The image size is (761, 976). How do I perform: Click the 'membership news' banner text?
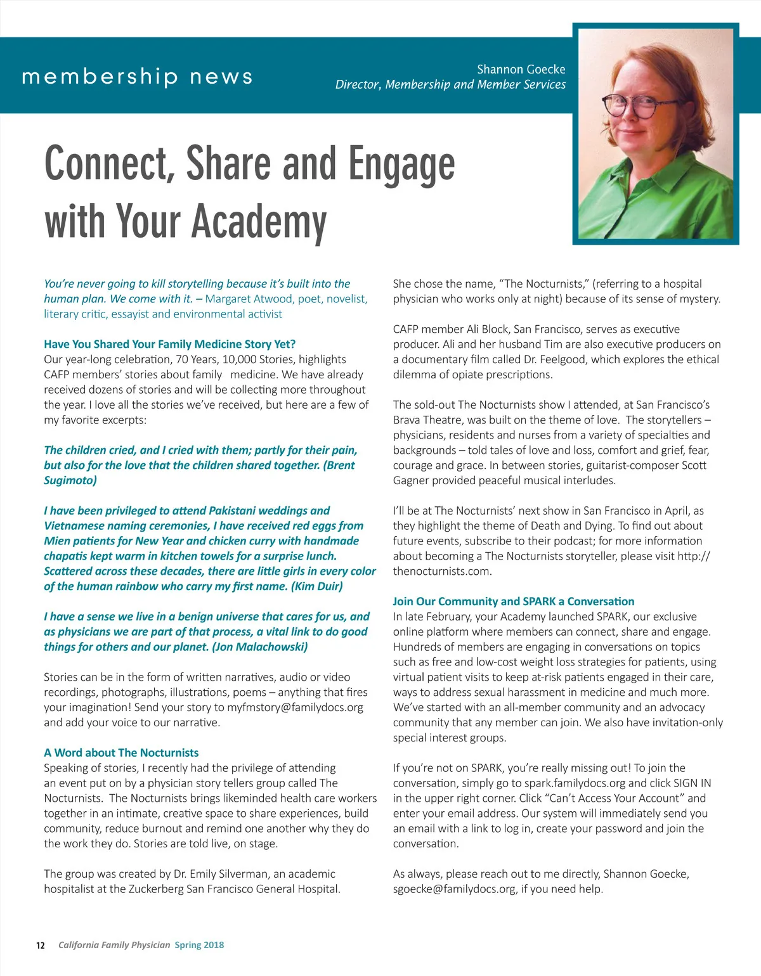tap(137, 77)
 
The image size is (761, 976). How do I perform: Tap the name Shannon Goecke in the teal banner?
tap(521, 69)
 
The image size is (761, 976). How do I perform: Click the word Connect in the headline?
tap(108, 164)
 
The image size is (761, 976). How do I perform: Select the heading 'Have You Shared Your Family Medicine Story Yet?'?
tap(169, 344)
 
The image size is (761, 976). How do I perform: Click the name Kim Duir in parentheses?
tap(316, 586)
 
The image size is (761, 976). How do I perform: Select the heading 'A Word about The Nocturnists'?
tap(121, 753)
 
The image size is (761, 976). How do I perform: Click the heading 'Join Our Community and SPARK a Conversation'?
tap(513, 601)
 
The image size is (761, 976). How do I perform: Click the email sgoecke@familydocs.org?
tap(454, 889)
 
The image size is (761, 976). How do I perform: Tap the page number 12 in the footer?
tap(41, 946)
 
